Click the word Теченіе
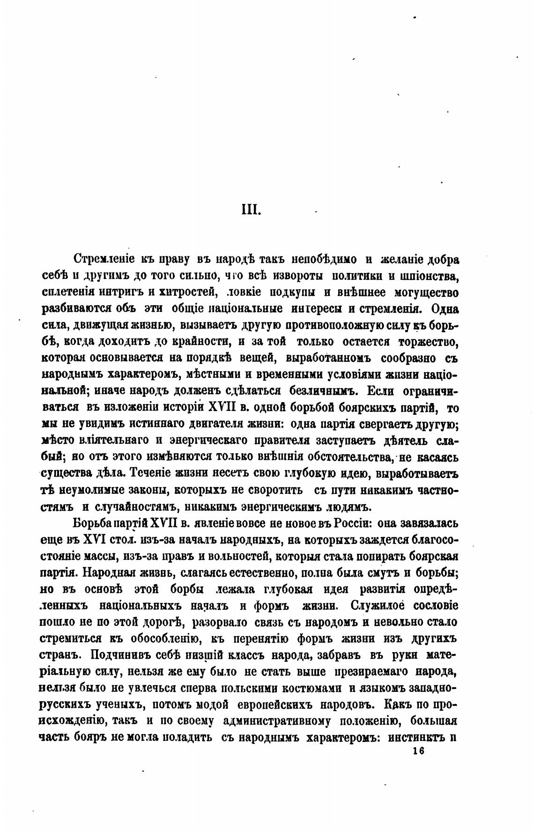[149, 473]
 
